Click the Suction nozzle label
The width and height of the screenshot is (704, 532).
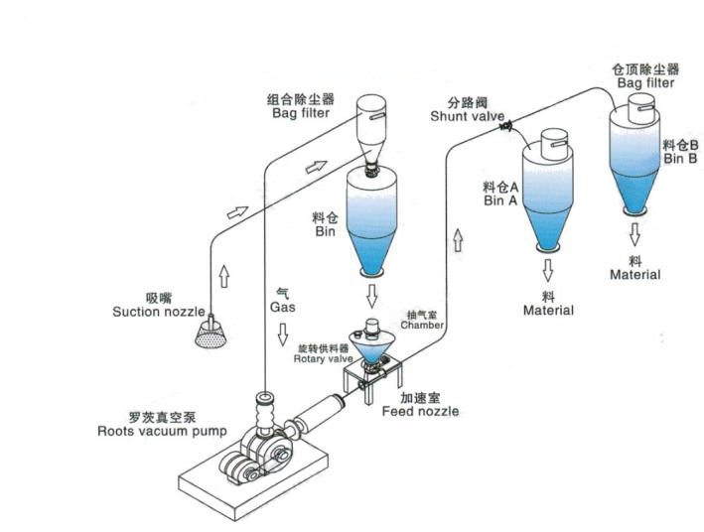coord(158,312)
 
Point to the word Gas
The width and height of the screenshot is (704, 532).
coord(282,307)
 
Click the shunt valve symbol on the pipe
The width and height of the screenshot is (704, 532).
coord(507,126)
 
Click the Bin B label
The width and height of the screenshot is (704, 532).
coord(680,158)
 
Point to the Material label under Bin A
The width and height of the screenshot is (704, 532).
coord(548,311)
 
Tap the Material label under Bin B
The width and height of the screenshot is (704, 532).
coord(634,274)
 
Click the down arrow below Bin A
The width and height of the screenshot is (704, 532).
coord(548,269)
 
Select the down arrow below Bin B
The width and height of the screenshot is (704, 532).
coord(634,234)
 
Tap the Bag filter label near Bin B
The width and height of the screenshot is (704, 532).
coord(645,83)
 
